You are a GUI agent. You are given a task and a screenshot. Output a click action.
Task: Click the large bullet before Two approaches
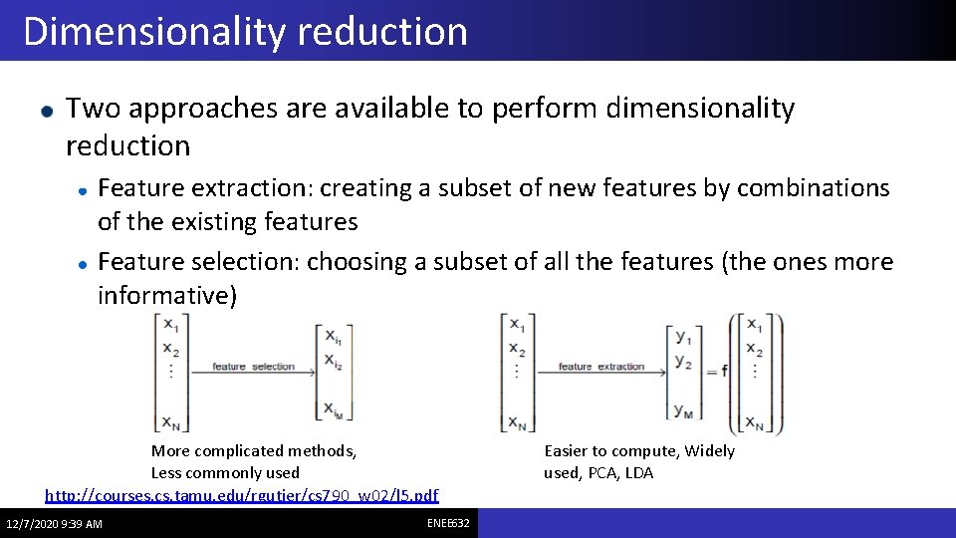(44, 110)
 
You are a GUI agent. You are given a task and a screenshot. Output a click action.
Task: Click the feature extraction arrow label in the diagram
(601, 367)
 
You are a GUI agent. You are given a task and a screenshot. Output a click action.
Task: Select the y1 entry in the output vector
(682, 335)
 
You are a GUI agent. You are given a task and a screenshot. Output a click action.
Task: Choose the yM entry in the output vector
(683, 409)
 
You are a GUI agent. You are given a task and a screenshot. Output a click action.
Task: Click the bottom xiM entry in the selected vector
(333, 408)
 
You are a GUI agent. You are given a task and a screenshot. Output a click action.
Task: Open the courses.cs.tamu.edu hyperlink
(242, 495)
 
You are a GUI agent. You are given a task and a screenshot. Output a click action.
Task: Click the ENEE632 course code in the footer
(448, 523)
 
